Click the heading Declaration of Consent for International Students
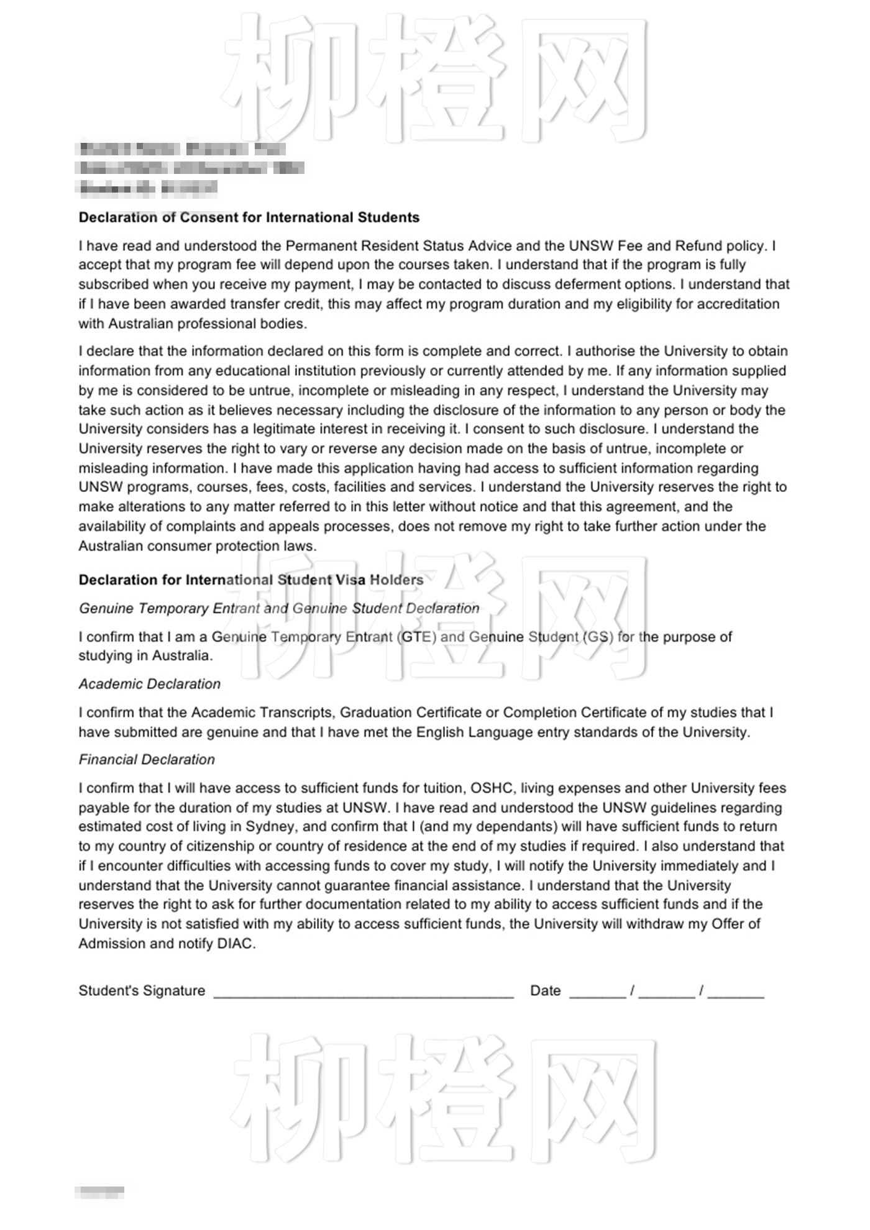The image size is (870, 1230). (249, 217)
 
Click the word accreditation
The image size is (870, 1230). (741, 304)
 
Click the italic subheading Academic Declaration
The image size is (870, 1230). (150, 685)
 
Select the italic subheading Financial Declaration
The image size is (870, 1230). (147, 760)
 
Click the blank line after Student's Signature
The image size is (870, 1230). (364, 991)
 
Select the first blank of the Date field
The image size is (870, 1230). (597, 991)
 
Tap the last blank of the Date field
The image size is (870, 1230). (736, 991)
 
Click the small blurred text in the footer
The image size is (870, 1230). (99, 1192)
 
